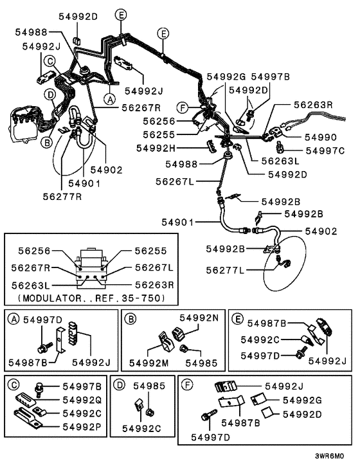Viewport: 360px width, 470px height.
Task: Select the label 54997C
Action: tap(325, 150)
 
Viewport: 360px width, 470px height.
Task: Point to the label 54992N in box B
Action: tap(199, 318)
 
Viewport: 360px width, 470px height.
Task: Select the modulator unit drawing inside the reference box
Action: tap(93, 263)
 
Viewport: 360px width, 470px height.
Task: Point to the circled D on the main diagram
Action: tap(50, 94)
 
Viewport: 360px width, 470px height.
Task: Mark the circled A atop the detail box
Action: tap(12, 318)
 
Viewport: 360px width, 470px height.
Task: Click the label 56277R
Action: tap(64, 195)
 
